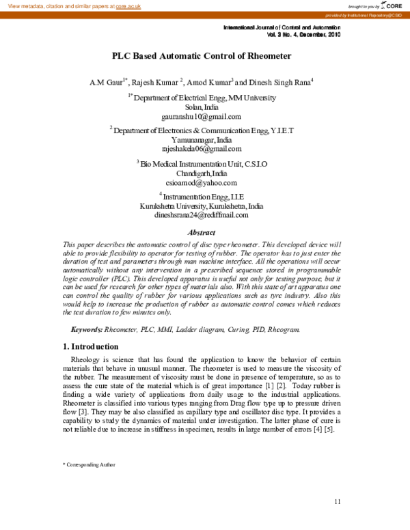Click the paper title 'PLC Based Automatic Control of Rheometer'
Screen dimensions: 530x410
(202, 56)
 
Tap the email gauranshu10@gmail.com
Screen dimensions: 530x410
(202, 117)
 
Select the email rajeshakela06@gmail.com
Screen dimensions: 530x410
(202, 148)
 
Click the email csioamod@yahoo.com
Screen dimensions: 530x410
(202, 182)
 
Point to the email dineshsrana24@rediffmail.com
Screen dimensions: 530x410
(202, 214)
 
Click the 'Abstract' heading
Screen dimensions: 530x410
(202, 232)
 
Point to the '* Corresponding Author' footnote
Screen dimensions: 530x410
(89, 464)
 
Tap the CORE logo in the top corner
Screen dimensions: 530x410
(391, 5)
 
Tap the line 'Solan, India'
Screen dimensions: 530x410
(202, 108)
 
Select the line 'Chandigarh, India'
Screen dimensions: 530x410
(202, 173)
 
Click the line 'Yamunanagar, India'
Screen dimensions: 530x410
(202, 139)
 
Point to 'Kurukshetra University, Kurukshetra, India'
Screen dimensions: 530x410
(202, 206)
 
